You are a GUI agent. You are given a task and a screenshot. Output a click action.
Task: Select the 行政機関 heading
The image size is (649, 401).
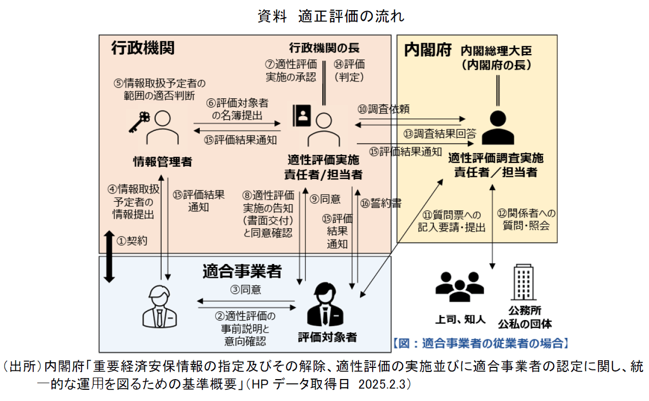point(143,48)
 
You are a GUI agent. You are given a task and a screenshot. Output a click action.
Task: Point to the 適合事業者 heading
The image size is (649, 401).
point(242,271)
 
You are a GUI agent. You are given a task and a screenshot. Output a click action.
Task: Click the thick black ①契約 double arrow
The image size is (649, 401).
point(109,257)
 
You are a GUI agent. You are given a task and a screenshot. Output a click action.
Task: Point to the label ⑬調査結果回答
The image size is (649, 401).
point(440,134)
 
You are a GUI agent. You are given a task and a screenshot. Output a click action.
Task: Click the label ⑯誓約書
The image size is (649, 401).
point(381,203)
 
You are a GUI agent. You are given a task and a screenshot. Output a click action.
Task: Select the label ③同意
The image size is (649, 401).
point(246,289)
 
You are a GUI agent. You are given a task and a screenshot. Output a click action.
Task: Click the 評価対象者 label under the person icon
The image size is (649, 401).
point(327,337)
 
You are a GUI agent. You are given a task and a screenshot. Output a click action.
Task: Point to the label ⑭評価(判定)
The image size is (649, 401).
point(349,71)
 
